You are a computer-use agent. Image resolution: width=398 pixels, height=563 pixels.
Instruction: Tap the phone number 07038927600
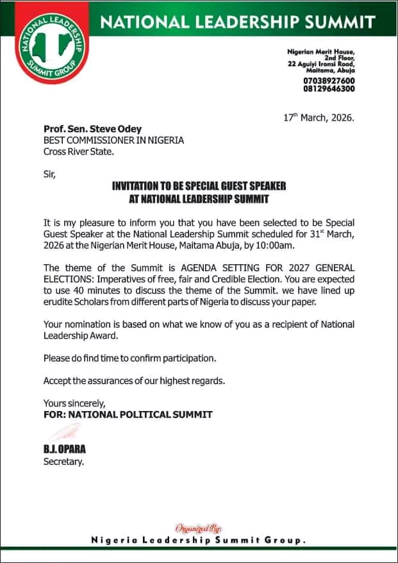329,81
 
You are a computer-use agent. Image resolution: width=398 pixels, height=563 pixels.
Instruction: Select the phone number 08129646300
329,89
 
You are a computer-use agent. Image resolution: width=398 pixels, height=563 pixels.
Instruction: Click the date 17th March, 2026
318,118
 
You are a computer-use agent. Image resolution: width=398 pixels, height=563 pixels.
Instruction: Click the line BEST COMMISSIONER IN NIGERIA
113,140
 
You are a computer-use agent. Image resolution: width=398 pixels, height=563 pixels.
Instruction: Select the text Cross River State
78,152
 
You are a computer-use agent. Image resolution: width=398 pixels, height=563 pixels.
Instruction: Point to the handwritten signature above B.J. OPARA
65,432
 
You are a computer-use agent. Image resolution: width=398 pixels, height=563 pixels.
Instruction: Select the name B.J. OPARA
65,450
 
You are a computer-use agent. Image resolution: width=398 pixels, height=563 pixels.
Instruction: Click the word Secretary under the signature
63,461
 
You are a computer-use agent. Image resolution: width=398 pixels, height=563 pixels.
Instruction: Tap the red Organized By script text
198,529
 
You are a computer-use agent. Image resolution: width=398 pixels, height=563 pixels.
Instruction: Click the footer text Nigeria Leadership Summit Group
199,541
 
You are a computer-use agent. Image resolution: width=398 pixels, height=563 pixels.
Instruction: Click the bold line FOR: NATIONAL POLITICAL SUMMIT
128,414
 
